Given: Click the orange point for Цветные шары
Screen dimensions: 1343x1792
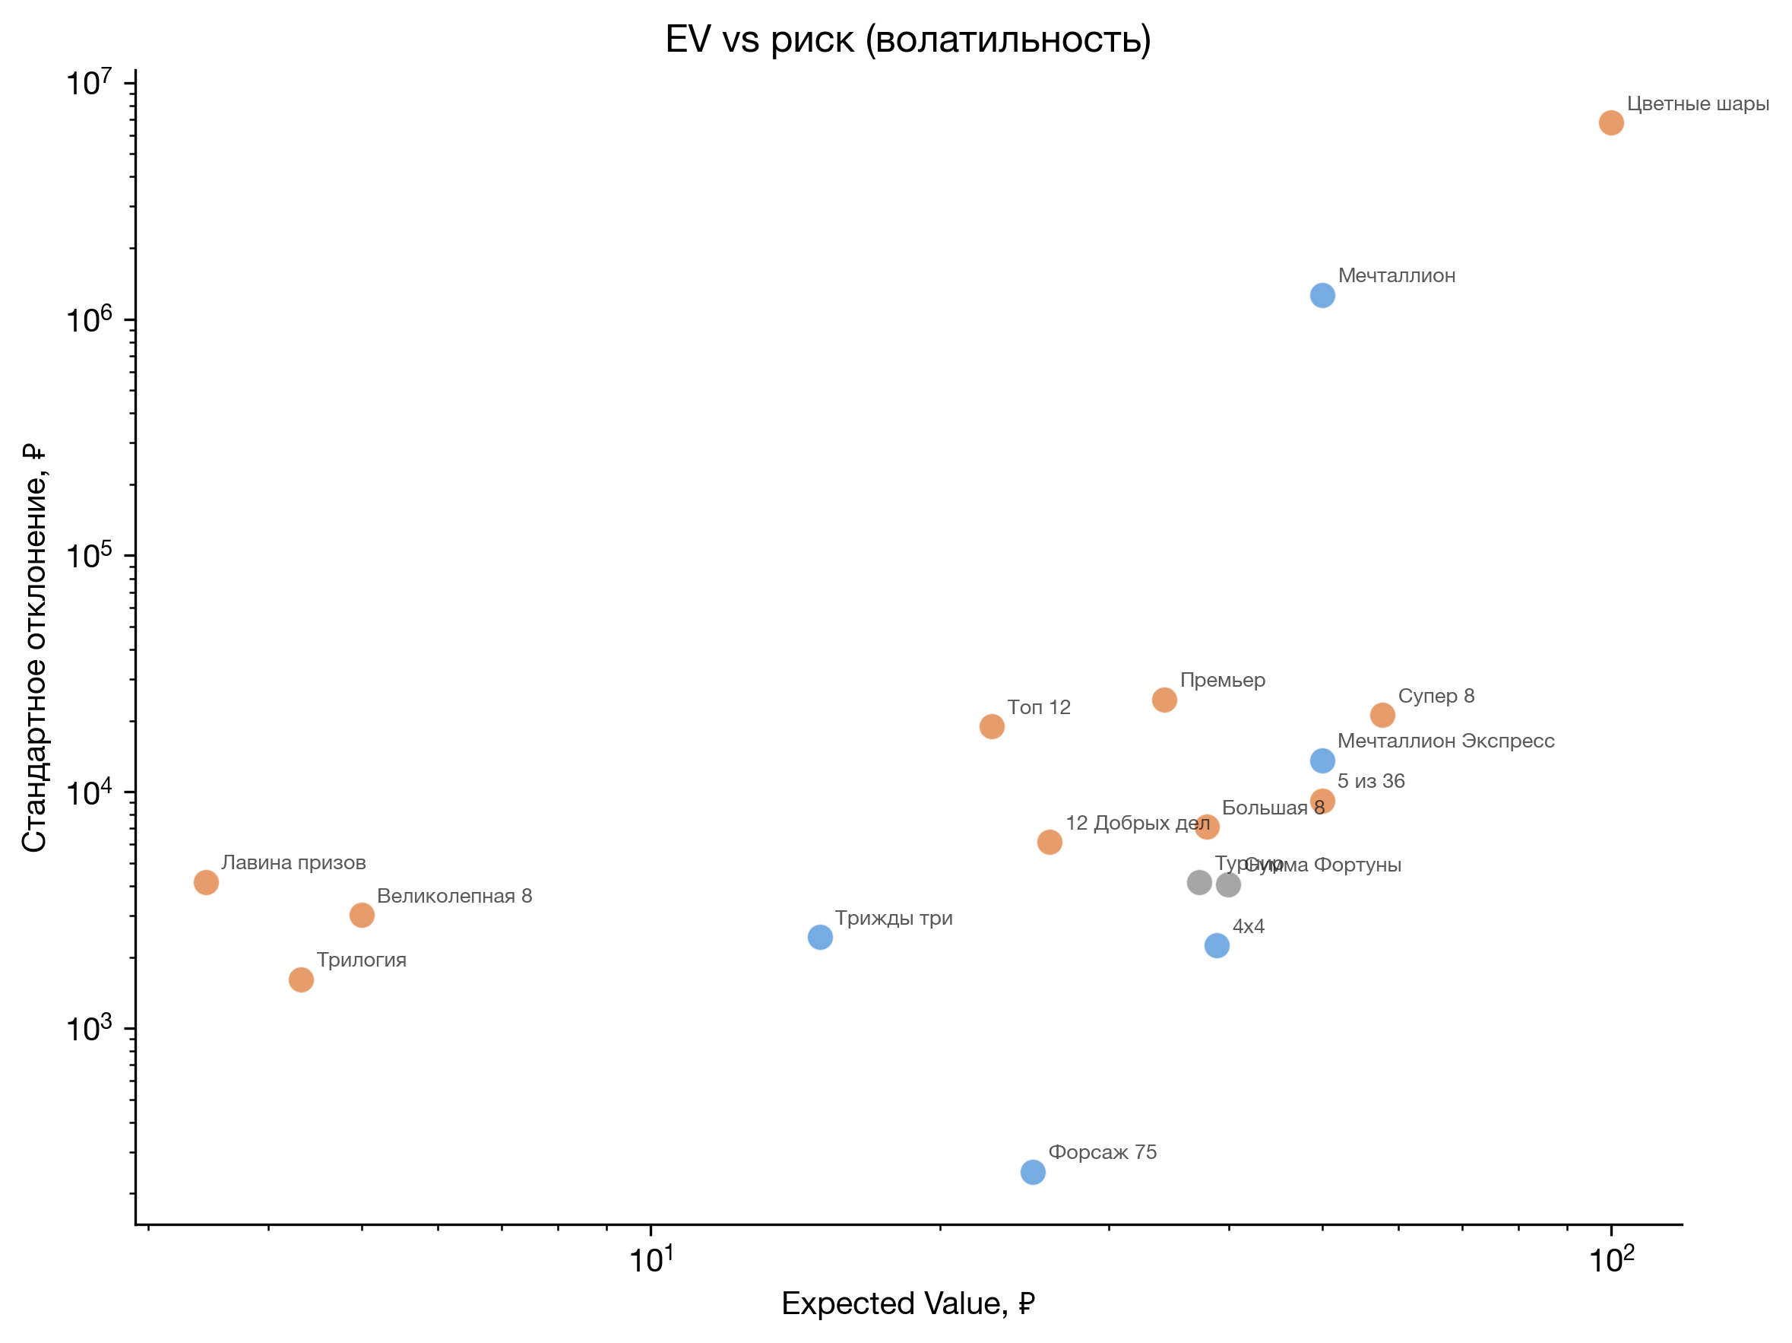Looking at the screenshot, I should pos(1610,123).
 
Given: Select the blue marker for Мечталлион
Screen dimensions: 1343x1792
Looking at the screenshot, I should pos(1322,296).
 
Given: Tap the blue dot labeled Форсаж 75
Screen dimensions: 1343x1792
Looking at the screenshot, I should pos(1033,1172).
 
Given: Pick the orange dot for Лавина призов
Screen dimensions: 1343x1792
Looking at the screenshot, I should pos(207,883).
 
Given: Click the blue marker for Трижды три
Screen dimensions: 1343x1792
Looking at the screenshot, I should pos(820,938).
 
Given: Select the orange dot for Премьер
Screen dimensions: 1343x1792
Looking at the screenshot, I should pos(1164,700).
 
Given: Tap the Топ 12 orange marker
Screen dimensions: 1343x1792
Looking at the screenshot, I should pos(992,727).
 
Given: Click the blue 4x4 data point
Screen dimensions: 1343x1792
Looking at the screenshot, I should pos(1217,946).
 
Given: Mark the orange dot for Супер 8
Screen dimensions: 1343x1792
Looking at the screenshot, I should pos(1382,716).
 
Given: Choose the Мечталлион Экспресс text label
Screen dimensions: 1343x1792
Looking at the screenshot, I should pos(1445,741).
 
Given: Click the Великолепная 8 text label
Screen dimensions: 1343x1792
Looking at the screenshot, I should pos(454,897).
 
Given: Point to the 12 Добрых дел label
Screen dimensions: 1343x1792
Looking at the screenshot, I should pos(1138,824).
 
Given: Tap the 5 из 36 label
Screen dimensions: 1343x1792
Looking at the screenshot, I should pos(1371,781).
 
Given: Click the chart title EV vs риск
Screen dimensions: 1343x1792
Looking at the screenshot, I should pos(907,39).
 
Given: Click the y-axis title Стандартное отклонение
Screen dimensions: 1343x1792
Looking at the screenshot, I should pos(34,649).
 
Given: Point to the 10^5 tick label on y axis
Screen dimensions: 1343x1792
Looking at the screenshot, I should pos(89,556).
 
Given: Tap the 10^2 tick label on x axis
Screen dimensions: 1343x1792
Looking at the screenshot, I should pos(1610,1260).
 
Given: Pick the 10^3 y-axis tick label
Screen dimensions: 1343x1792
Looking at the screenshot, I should pos(89,1028).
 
